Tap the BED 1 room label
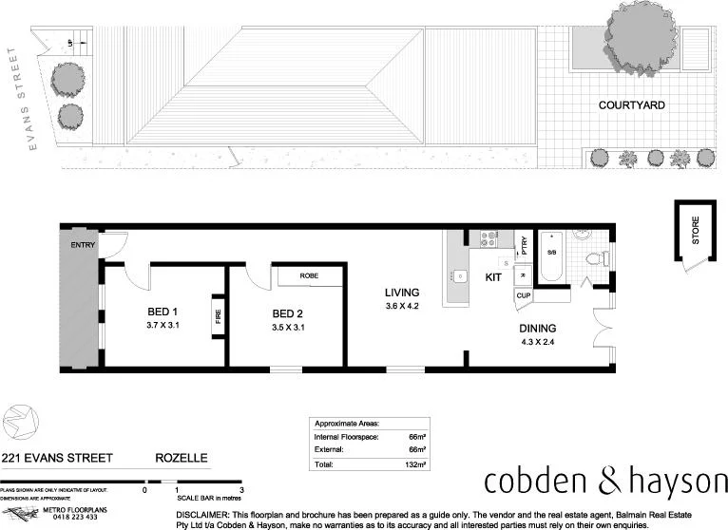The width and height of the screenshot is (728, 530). (163, 312)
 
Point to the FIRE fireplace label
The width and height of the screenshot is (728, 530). (218, 315)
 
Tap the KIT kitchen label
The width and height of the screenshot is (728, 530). (493, 277)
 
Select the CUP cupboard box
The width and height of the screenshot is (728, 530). (523, 295)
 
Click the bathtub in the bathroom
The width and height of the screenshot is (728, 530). (550, 257)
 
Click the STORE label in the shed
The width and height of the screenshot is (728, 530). (695, 232)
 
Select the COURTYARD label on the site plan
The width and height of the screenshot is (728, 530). (631, 105)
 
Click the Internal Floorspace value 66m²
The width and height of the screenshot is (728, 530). (416, 437)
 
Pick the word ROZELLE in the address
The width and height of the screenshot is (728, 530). (181, 458)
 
